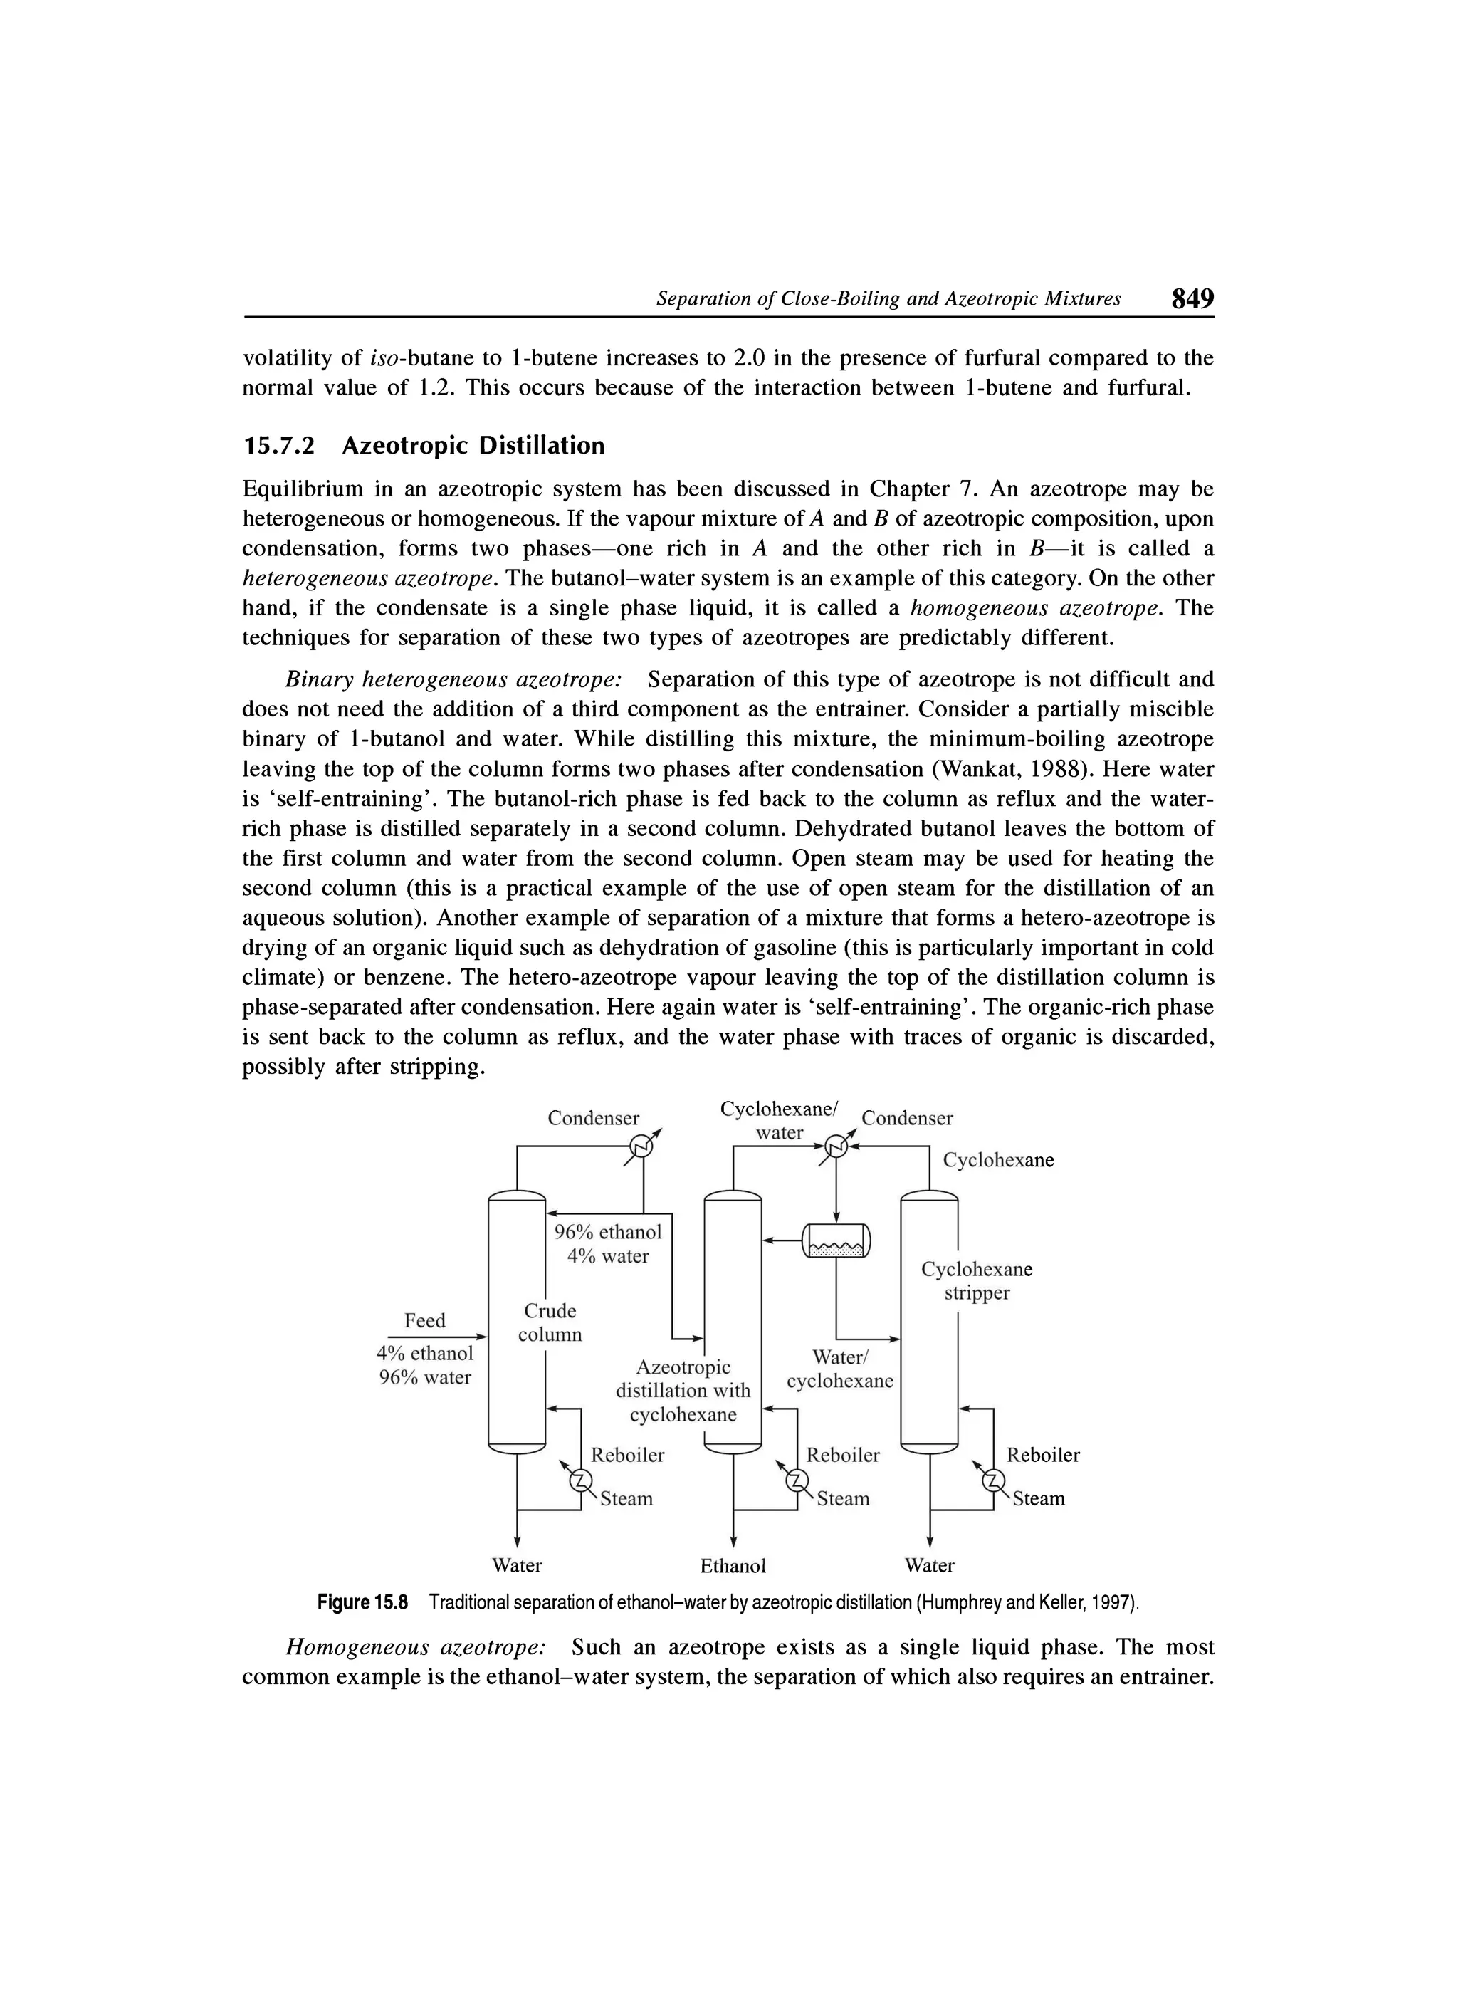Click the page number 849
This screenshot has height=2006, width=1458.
(1192, 298)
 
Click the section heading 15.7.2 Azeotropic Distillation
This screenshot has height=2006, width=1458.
(424, 446)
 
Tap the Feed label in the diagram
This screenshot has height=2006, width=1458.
(424, 1320)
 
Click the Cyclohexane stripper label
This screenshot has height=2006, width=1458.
(976, 1281)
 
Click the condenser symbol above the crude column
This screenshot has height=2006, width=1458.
(642, 1147)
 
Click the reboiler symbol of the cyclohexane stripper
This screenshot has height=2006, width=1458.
(995, 1481)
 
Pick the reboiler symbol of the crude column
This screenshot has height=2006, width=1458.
(580, 1481)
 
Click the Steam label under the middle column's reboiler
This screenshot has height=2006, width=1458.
(843, 1498)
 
